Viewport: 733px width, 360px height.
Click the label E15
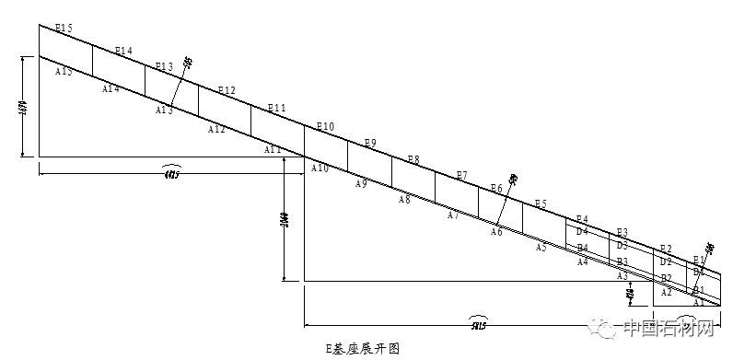click(64, 29)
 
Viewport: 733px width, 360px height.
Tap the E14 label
click(123, 51)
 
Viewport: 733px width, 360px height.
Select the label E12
click(227, 90)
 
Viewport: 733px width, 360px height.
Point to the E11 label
click(276, 109)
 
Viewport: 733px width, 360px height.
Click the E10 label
click(325, 126)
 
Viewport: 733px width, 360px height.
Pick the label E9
click(370, 143)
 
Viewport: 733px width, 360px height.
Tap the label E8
click(413, 160)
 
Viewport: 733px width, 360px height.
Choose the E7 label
click(461, 175)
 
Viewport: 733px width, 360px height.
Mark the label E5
click(541, 203)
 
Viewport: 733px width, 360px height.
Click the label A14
click(111, 88)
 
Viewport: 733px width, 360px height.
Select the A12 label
click(216, 130)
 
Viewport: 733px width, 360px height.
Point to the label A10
click(320, 168)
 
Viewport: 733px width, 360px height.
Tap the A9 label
click(361, 184)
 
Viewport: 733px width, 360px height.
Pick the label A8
click(404, 200)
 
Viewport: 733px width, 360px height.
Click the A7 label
click(452, 216)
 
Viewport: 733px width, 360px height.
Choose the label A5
click(541, 248)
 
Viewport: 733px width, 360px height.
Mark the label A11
click(273, 149)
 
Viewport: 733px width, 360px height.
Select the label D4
click(582, 232)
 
